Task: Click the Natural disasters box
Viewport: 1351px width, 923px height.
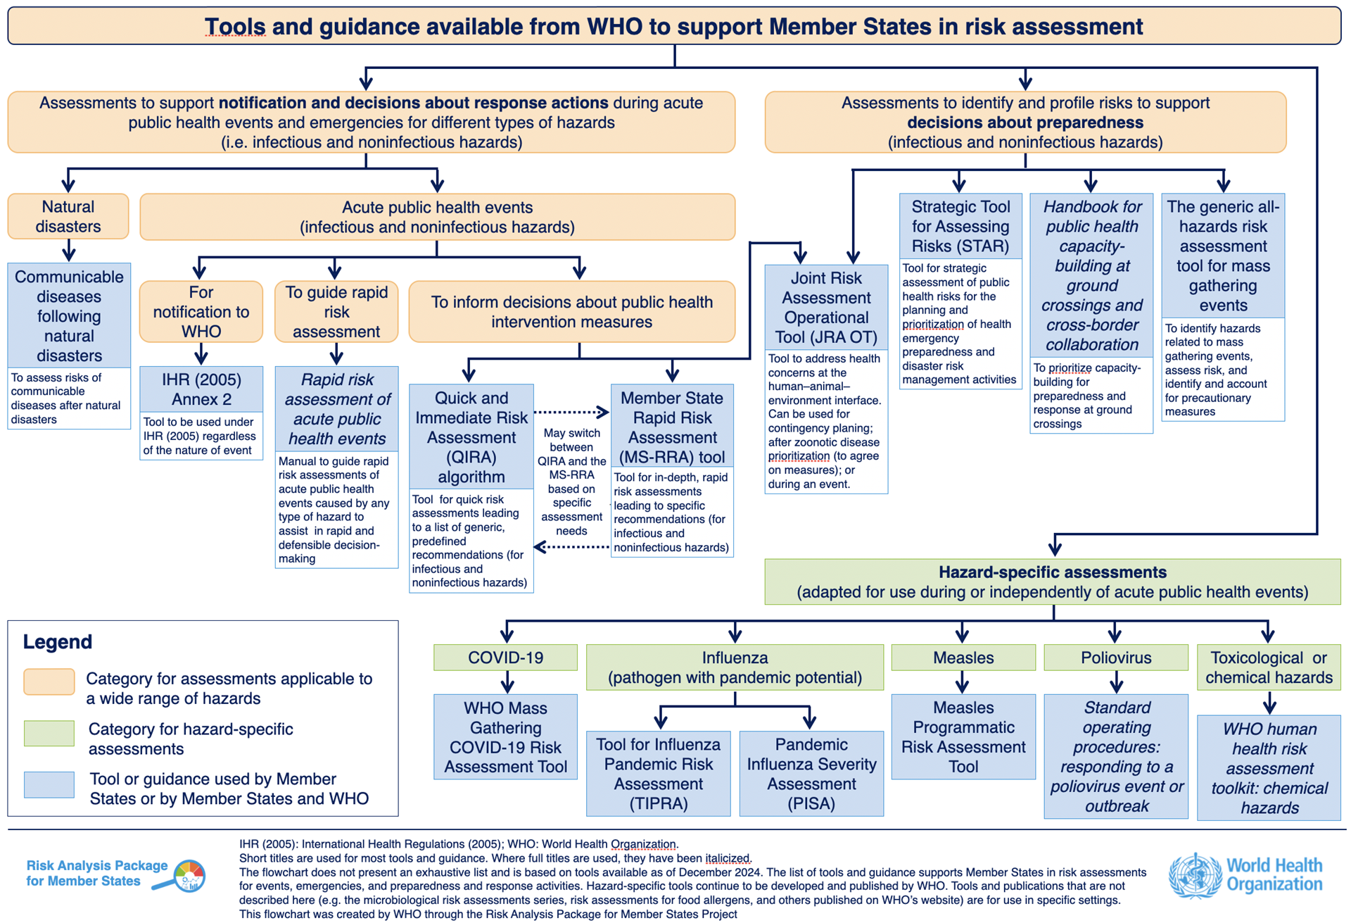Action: click(68, 217)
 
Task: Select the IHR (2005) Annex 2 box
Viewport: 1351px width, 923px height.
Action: click(201, 389)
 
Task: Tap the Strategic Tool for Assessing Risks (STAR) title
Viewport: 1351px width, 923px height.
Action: click(960, 227)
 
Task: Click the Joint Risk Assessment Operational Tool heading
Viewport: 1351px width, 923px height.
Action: click(826, 308)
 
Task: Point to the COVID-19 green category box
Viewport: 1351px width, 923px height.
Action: click(505, 658)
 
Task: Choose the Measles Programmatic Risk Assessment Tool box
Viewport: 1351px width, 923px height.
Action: click(963, 737)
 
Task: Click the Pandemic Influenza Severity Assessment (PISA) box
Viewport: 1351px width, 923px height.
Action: click(811, 774)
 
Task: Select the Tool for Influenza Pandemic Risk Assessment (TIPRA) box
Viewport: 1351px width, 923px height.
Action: click(658, 774)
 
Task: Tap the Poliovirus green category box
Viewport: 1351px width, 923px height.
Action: click(1116, 658)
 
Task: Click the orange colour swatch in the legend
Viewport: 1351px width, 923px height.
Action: click(49, 682)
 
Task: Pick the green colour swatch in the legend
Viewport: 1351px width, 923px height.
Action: click(49, 733)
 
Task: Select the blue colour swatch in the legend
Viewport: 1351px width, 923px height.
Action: click(49, 784)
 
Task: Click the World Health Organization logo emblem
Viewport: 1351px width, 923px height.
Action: click(1195, 875)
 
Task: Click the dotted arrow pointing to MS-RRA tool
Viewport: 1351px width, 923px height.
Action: click(571, 412)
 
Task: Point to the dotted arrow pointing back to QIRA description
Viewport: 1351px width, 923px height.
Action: click(571, 547)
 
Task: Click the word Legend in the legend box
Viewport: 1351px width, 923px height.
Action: click(58, 642)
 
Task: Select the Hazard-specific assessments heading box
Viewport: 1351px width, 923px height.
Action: click(1053, 582)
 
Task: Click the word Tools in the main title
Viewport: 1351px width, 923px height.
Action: click(235, 27)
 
